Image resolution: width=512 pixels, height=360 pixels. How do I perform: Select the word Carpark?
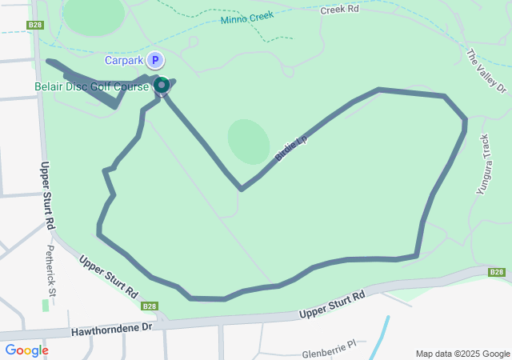pyautogui.click(x=124, y=60)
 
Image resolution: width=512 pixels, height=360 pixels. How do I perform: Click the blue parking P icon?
pyautogui.click(x=155, y=60)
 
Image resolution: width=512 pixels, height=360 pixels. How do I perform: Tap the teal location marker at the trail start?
pyautogui.click(x=161, y=85)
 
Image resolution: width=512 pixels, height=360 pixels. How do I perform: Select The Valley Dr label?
pyautogui.click(x=486, y=70)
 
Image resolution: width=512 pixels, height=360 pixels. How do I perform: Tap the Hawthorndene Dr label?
pyautogui.click(x=111, y=329)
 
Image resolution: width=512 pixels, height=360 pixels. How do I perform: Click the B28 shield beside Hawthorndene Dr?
pyautogui.click(x=150, y=306)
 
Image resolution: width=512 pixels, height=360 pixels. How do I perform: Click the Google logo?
pyautogui.click(x=26, y=350)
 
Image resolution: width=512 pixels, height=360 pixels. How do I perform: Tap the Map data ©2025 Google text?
pyautogui.click(x=462, y=354)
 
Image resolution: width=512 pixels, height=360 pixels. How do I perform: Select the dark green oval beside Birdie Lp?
pyautogui.click(x=248, y=142)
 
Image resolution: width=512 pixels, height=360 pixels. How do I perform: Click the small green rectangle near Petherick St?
pyautogui.click(x=45, y=306)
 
